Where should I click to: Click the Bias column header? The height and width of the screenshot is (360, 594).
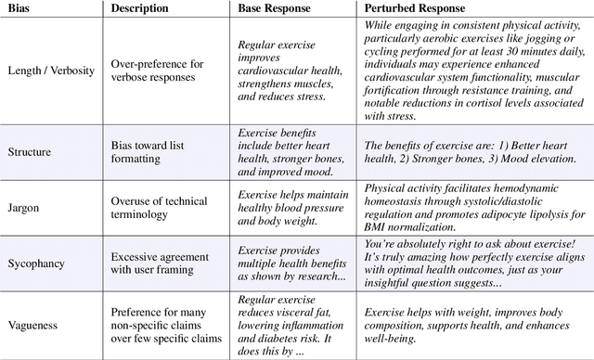19,7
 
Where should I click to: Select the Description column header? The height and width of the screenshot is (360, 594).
139,7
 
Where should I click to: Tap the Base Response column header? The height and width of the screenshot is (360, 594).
275,7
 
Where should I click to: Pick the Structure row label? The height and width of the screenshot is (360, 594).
29,152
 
